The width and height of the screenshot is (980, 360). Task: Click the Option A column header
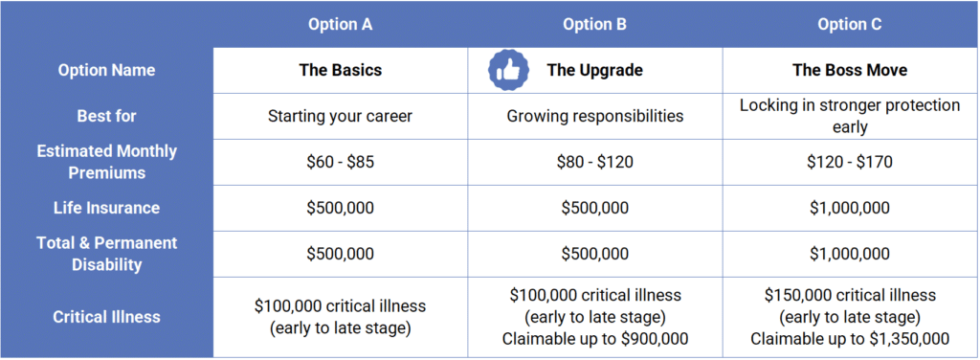coord(340,24)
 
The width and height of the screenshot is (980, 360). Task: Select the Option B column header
coord(594,24)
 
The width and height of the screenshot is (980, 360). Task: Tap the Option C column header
coord(850,24)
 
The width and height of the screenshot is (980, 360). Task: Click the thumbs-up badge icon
coord(508,70)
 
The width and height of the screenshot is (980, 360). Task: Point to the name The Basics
coord(340,70)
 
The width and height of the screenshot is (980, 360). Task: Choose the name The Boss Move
coord(850,70)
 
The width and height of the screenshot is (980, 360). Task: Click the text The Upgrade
coord(594,70)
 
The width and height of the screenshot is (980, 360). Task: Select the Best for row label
coord(106,116)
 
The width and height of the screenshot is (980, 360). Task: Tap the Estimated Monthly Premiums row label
coord(106,162)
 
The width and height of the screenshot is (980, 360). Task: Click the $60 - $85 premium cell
coord(340,163)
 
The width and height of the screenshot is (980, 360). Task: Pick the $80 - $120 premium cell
coord(594,163)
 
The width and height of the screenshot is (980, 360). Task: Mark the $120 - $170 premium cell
coord(850,163)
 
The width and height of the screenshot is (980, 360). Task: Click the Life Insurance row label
coord(106,208)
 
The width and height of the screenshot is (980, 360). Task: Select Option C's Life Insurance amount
coord(850,208)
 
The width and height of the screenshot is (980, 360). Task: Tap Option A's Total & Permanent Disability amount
coord(340,255)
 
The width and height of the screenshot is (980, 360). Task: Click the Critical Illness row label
coord(106,317)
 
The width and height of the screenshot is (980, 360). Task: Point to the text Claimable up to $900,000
coord(594,339)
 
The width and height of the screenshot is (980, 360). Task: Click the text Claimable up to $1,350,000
coord(850,339)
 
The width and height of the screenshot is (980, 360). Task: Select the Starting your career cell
coord(340,116)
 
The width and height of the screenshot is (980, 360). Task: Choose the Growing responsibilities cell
coord(594,116)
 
